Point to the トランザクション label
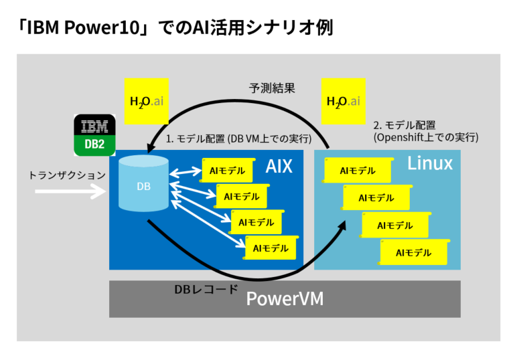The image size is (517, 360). [67, 175]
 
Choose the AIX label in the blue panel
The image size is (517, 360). [279, 166]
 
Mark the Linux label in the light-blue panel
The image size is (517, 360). [430, 163]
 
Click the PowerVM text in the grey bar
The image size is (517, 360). [285, 299]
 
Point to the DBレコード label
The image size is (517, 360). [206, 290]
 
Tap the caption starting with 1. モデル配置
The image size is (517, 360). [238, 139]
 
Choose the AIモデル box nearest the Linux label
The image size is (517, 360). [357, 171]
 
